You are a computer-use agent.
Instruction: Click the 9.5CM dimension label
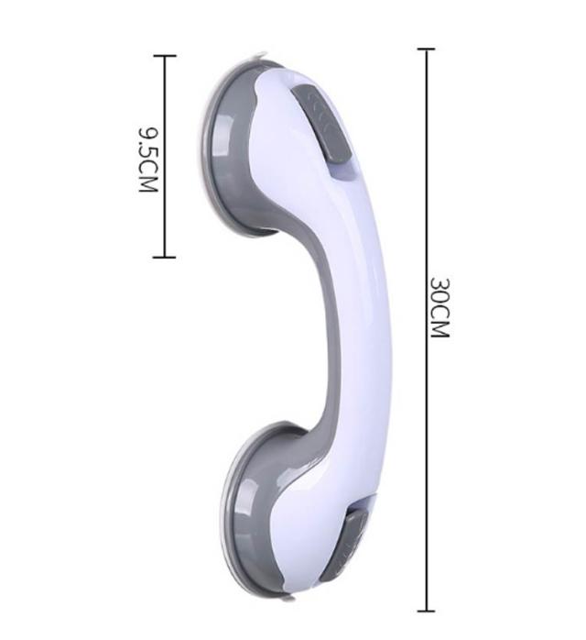click(148, 160)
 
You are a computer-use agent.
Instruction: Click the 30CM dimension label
click(440, 307)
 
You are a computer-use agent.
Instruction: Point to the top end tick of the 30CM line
click(427, 49)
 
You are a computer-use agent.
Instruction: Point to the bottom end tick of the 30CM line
click(427, 611)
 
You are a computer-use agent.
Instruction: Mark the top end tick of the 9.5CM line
click(165, 56)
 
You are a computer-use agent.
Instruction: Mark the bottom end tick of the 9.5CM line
click(165, 257)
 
